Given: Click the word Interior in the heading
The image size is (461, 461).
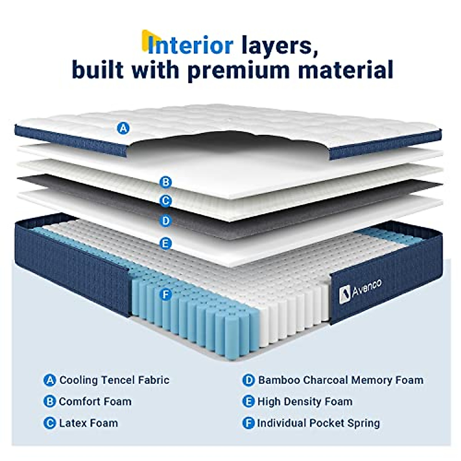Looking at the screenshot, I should pyautogui.click(x=190, y=45).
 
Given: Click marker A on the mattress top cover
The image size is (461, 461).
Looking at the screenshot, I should pyautogui.click(x=123, y=128).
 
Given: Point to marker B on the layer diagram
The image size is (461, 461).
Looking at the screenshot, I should pyautogui.click(x=166, y=182).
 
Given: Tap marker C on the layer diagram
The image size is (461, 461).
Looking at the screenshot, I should pyautogui.click(x=166, y=201).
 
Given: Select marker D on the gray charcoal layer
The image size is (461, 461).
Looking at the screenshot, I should pyautogui.click(x=166, y=221).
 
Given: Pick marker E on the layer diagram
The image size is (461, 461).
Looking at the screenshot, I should pyautogui.click(x=166, y=244).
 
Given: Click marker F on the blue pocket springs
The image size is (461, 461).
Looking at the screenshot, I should pyautogui.click(x=166, y=295).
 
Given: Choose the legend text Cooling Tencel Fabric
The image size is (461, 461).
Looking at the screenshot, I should pyautogui.click(x=114, y=380).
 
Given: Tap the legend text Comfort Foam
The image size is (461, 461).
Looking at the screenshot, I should pyautogui.click(x=95, y=401).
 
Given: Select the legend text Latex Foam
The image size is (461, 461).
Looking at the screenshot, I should pyautogui.click(x=88, y=423).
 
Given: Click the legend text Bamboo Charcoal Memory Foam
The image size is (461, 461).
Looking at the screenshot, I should pyautogui.click(x=340, y=380).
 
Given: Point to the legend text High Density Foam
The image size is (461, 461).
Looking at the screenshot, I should pyautogui.click(x=305, y=401).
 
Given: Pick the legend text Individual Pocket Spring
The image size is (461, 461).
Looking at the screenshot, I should pyautogui.click(x=318, y=423).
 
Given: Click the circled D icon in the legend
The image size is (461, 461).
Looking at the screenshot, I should pyautogui.click(x=249, y=380).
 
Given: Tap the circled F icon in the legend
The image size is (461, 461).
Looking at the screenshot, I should pyautogui.click(x=249, y=423).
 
